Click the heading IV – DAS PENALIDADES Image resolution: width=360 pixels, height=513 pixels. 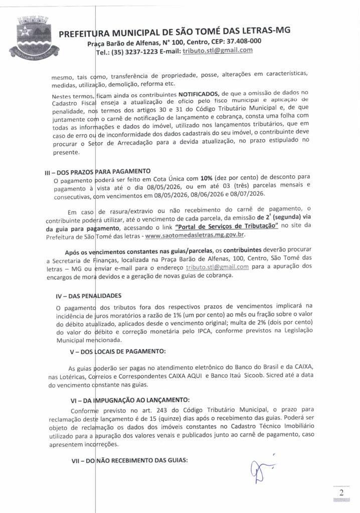click(x=88, y=295)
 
